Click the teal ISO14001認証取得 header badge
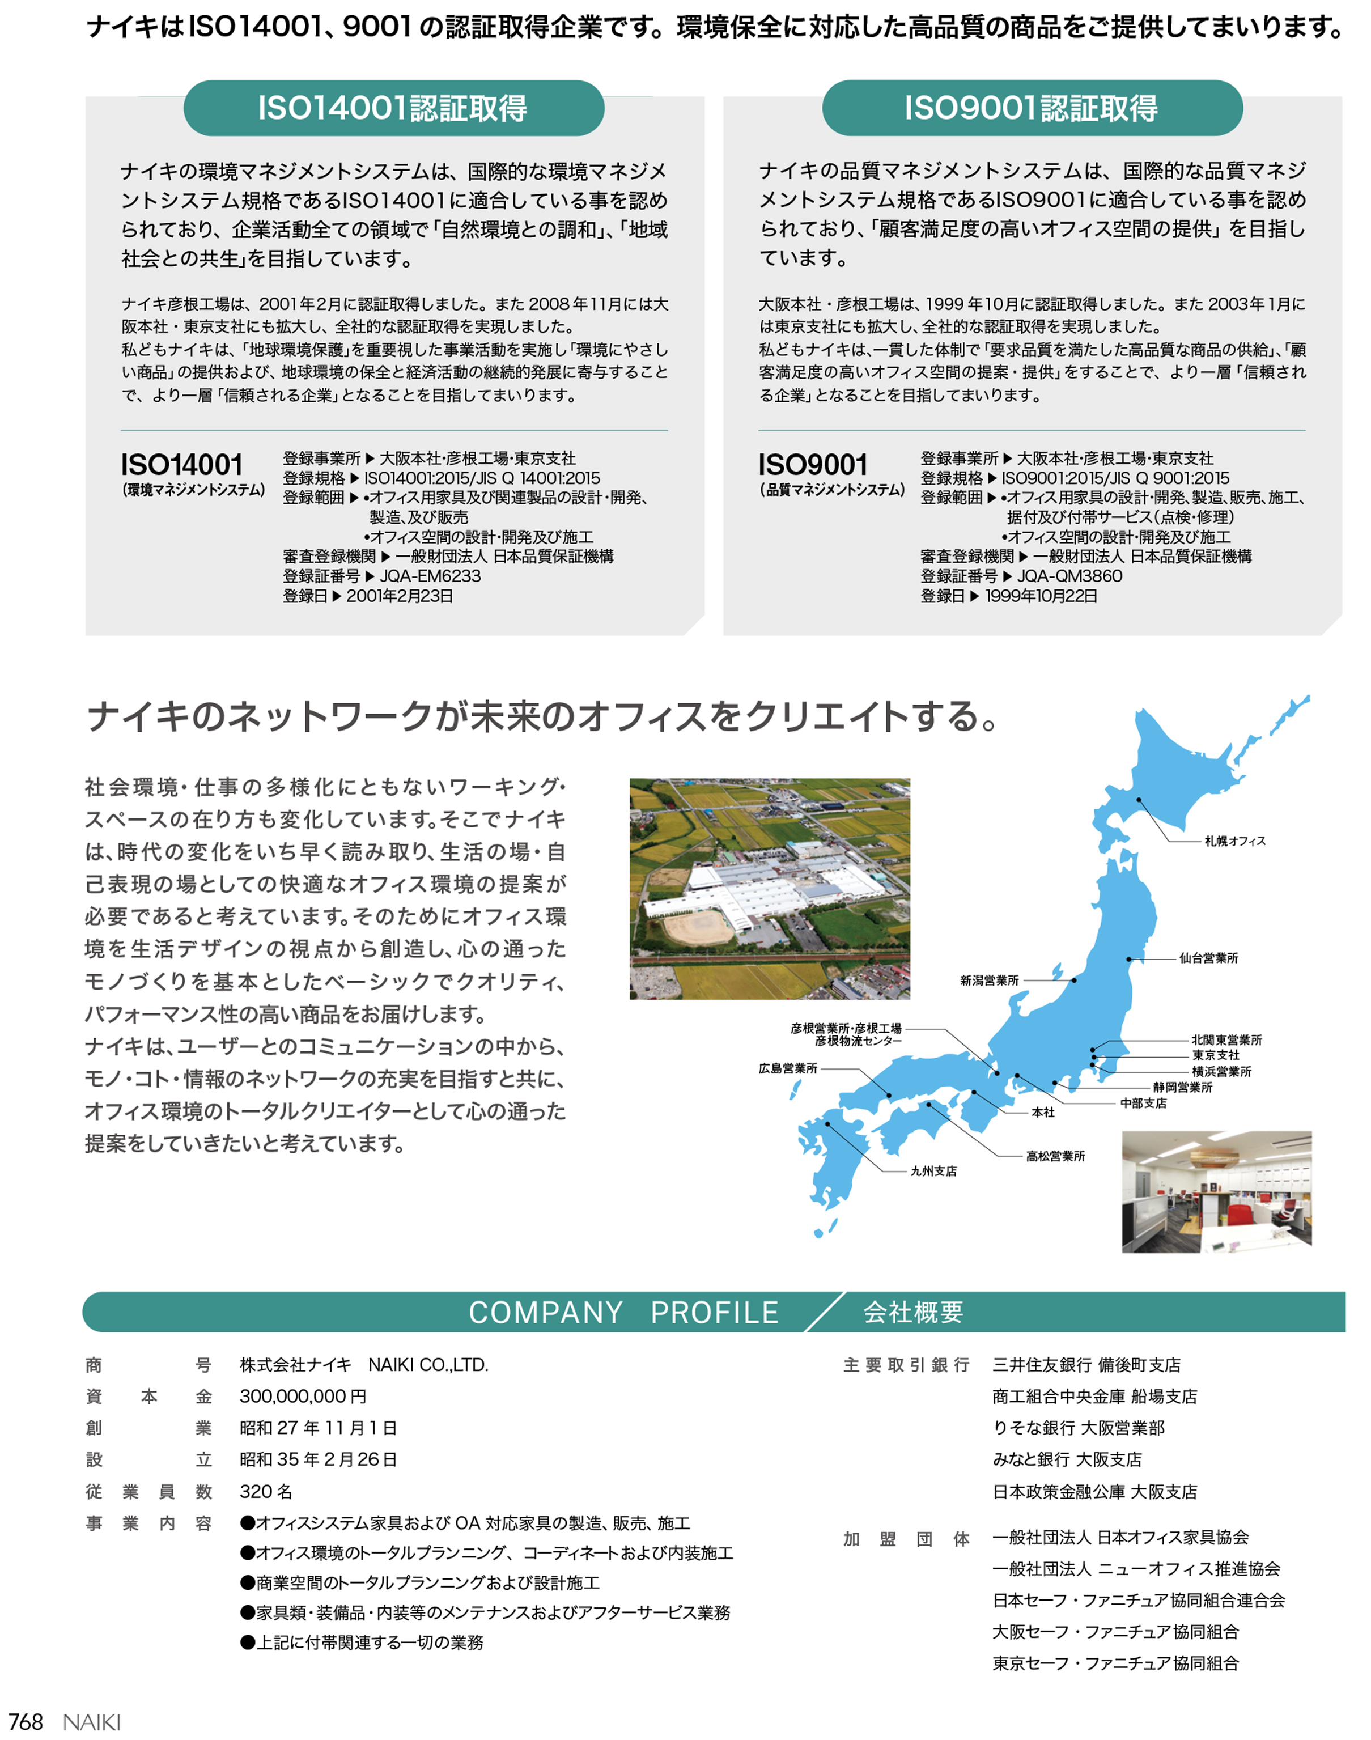[x=393, y=108]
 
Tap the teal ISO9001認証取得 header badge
[x=1032, y=108]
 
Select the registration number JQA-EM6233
[x=430, y=576]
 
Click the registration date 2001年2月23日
[x=399, y=596]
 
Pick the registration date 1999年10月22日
[x=1041, y=596]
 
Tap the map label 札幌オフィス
[x=1234, y=841]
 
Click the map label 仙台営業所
[x=1208, y=958]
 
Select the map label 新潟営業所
[x=989, y=981]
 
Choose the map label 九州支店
[x=933, y=1172]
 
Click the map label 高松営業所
[x=1055, y=1157]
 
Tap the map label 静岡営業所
[x=1182, y=1088]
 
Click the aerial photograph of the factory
[x=769, y=889]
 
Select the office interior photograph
[x=1216, y=1192]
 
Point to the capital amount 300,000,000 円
[x=303, y=1397]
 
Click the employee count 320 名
[x=266, y=1491]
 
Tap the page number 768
[x=26, y=1722]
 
